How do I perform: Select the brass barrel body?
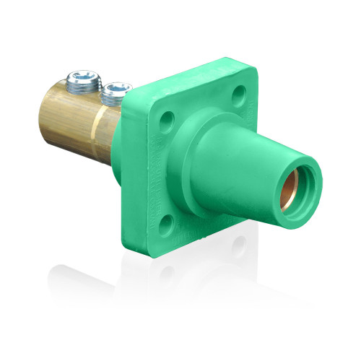click(72, 116)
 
